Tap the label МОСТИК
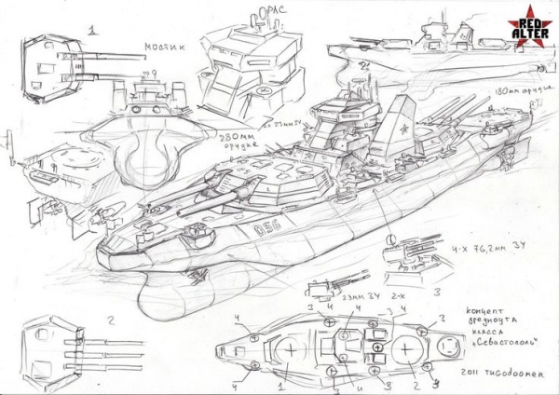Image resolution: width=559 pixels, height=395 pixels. coord(163,47)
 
